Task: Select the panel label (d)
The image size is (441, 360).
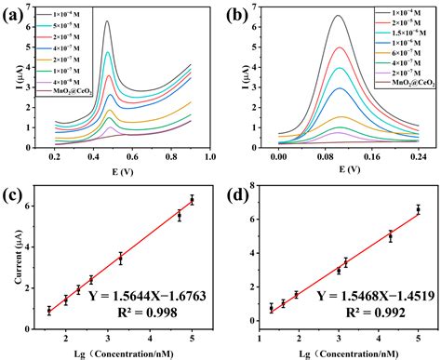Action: point(236,196)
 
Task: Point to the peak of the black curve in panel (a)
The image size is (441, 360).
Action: point(108,21)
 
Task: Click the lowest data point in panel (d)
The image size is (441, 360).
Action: point(272,308)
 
